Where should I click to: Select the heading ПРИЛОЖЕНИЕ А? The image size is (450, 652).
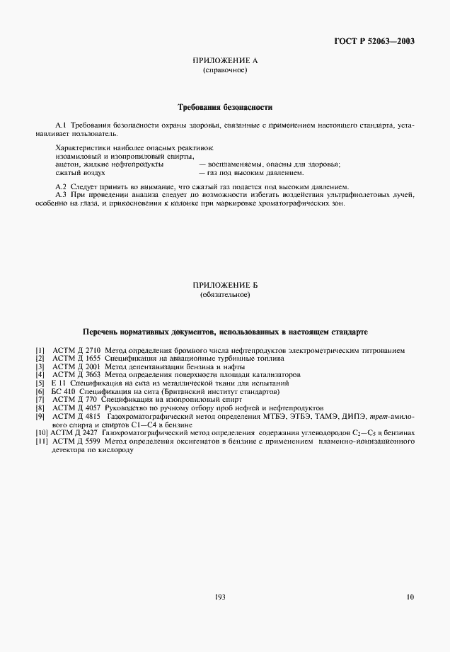coord(224,62)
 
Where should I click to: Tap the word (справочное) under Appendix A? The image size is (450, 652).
coord(224,71)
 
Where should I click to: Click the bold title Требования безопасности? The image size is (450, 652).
coord(224,108)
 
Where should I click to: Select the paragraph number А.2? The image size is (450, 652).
coord(60,186)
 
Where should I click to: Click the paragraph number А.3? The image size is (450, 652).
coord(60,194)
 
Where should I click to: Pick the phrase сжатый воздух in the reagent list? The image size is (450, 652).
coord(80,172)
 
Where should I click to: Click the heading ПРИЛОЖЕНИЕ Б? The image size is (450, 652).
coord(224,284)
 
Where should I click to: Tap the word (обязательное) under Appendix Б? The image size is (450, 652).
coord(224,293)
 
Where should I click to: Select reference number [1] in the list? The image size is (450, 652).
coord(40,350)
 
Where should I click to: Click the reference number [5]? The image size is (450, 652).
coord(40,383)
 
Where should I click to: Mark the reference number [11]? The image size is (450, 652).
coord(41,441)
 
